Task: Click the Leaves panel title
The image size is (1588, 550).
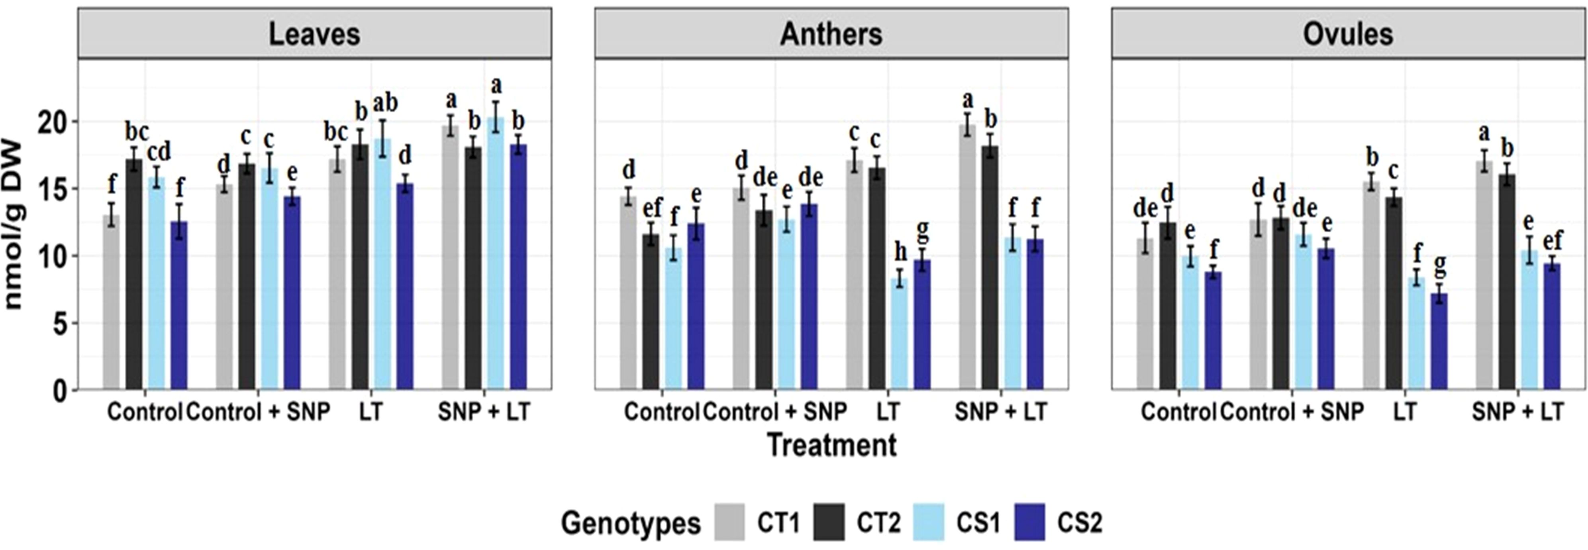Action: click(x=314, y=34)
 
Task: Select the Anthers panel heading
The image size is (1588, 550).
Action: click(x=831, y=34)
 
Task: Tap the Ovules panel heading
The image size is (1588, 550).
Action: click(x=1348, y=34)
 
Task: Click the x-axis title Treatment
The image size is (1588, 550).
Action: click(x=831, y=444)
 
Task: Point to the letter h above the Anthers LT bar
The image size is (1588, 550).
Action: click(x=901, y=252)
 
